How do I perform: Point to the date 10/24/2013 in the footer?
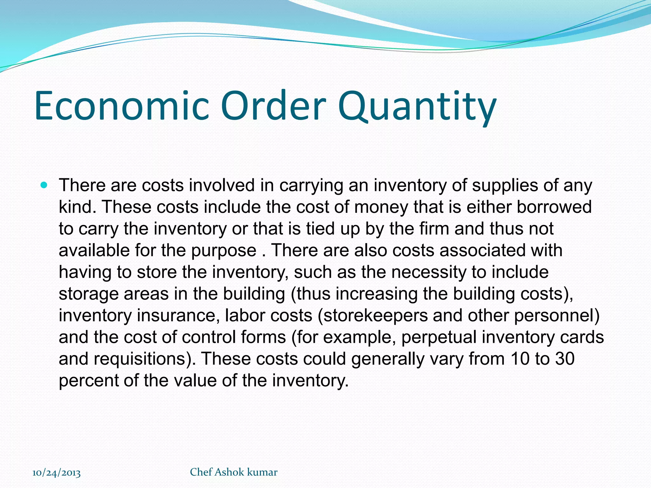point(57,473)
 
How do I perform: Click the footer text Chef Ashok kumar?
point(234,472)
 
